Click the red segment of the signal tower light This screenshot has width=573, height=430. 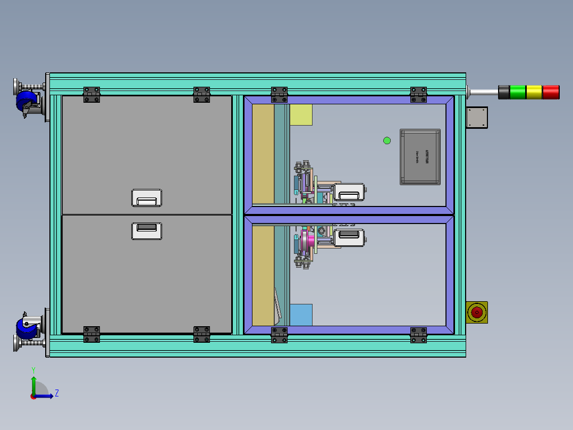(551, 92)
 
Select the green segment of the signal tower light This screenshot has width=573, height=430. (517, 92)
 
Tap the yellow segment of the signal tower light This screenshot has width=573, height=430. (534, 92)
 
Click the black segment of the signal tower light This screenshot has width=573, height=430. (503, 92)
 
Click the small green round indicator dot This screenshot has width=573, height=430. (387, 140)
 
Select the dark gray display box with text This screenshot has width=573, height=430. (420, 157)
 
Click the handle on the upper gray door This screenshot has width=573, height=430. (147, 197)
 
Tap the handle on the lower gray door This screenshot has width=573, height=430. (147, 231)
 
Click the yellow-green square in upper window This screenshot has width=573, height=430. (301, 114)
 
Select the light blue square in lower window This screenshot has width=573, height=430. (301, 315)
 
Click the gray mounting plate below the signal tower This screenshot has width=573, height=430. (477, 118)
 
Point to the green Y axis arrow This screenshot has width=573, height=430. (33, 382)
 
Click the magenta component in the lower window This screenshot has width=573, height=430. (307, 241)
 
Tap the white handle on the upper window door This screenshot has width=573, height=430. (349, 192)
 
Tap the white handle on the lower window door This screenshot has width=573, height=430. (349, 237)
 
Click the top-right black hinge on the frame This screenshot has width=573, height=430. (418, 95)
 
